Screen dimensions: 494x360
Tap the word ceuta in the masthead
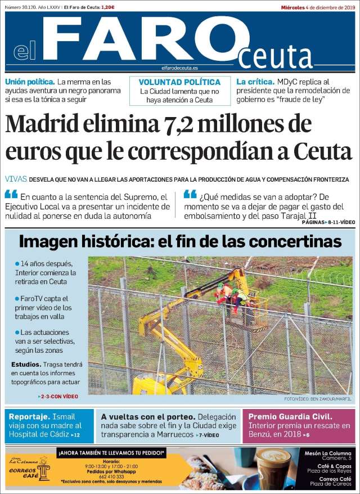click(276, 56)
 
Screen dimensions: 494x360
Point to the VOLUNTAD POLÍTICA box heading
click(179, 82)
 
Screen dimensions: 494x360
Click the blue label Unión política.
click(30, 82)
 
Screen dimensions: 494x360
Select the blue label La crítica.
click(255, 82)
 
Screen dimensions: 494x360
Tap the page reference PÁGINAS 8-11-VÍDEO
click(327, 223)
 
